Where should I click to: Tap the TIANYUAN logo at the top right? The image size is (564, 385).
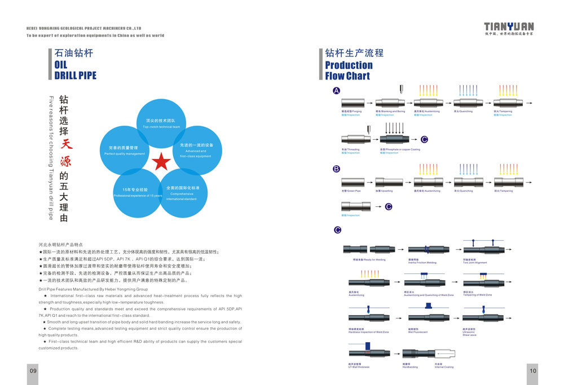click(x=509, y=26)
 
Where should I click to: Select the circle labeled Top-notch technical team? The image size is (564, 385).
click(x=161, y=123)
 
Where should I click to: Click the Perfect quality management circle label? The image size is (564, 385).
click(x=125, y=153)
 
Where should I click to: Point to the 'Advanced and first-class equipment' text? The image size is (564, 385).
click(x=196, y=153)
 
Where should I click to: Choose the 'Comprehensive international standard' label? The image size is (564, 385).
click(x=182, y=196)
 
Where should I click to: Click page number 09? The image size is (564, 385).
click(x=33, y=370)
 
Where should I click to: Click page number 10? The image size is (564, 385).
click(x=532, y=370)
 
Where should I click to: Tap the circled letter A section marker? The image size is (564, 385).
click(x=337, y=91)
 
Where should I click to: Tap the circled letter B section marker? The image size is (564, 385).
click(x=337, y=169)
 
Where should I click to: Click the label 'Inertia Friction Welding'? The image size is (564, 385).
click(x=423, y=262)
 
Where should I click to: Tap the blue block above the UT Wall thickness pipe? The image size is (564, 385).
click(x=368, y=345)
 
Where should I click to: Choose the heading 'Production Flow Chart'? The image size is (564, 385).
click(x=349, y=70)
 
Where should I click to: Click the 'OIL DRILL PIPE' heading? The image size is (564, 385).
click(x=75, y=70)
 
